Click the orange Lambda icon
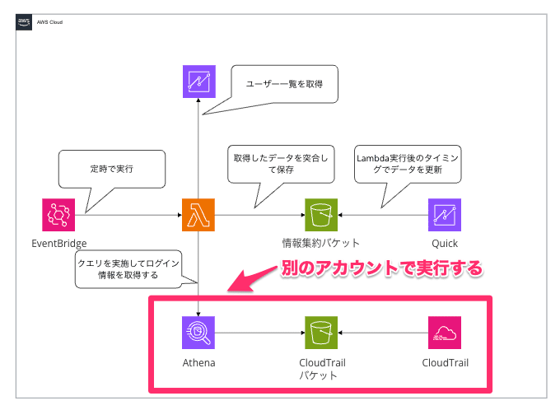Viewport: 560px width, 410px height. coord(198,215)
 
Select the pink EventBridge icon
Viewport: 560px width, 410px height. coord(58,215)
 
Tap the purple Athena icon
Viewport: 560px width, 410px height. coord(198,333)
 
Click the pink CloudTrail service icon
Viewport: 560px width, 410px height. coord(445,333)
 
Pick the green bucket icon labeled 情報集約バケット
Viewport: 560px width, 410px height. coord(321,215)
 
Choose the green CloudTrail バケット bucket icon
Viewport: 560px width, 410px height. coord(321,333)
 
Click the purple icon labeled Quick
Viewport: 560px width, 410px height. coord(445,215)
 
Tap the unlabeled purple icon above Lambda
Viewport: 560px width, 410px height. coord(198,81)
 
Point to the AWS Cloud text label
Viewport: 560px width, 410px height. coord(49,23)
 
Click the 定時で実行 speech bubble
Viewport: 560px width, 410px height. coord(112,168)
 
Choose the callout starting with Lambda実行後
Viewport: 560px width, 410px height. coord(407,163)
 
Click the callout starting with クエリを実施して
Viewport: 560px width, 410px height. coord(128,270)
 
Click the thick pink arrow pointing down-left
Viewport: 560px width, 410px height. coord(255,277)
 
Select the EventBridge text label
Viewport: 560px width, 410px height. coord(58,244)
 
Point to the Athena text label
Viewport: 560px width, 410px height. coord(198,361)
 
